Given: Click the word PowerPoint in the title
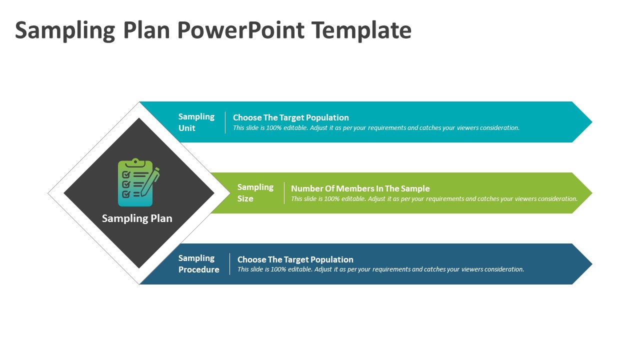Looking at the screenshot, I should click(240, 30).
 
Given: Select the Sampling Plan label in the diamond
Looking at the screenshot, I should click(137, 218).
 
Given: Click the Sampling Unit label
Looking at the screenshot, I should click(196, 122).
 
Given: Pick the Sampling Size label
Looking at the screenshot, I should click(255, 192).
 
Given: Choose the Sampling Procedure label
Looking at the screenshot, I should click(198, 263).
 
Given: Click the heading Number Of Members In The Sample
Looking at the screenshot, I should click(360, 188).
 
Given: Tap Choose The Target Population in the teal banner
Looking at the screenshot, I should click(290, 117).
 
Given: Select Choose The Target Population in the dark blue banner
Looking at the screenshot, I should click(295, 259).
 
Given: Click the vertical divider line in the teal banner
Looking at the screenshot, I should click(225, 122).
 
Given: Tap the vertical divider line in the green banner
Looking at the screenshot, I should click(284, 193).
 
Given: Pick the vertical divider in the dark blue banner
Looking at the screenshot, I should click(229, 264).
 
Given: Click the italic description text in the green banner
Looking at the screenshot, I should click(434, 199).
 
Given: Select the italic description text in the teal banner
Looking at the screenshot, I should click(376, 128).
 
